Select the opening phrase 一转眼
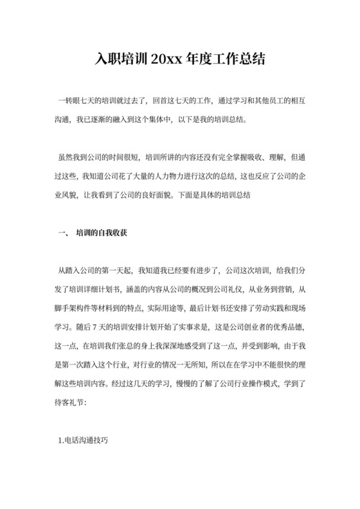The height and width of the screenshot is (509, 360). pyautogui.click(x=68, y=101)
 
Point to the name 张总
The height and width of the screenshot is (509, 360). pyautogui.click(x=121, y=343)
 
